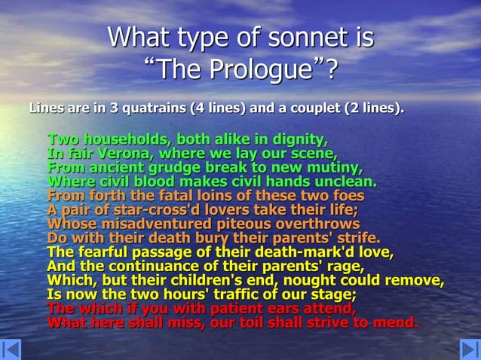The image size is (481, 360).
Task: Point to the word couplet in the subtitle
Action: click(x=310, y=108)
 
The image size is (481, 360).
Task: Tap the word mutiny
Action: click(x=332, y=167)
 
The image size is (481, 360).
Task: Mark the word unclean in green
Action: click(x=339, y=182)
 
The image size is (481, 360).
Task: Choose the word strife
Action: click(x=357, y=238)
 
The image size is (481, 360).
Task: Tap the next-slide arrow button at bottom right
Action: click(x=469, y=349)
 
